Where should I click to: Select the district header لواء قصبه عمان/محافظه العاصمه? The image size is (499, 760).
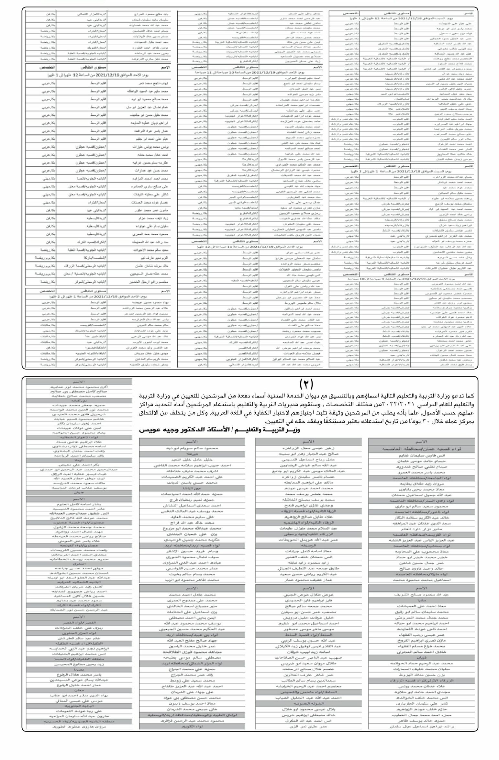421,449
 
